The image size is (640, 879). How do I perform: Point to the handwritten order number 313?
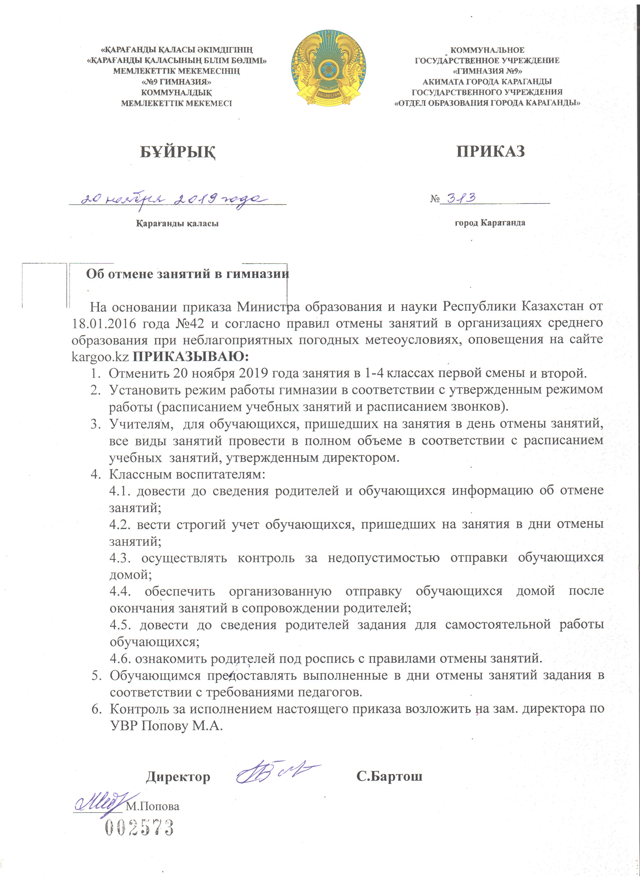(461, 198)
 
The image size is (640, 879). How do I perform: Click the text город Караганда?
(490, 223)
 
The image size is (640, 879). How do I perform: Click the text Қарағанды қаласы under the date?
(177, 224)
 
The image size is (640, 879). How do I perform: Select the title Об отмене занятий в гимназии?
(187, 274)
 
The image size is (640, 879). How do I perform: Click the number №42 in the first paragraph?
(187, 323)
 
